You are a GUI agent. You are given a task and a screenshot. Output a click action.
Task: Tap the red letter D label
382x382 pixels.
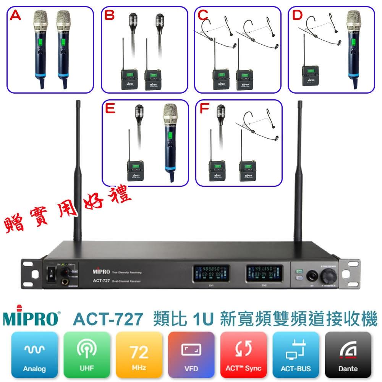[x=297, y=16]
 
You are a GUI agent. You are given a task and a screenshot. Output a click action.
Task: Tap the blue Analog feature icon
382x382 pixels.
[x=34, y=353]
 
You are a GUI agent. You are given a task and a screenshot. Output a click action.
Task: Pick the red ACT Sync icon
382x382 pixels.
[x=244, y=353]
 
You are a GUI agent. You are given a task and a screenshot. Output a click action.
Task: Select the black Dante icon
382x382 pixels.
[x=348, y=353]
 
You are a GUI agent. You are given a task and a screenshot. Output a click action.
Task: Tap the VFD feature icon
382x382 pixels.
[x=191, y=353]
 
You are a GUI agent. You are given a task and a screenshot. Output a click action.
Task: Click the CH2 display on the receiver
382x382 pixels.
[x=264, y=274]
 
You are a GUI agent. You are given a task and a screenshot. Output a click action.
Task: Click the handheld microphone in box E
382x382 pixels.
[x=170, y=141]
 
